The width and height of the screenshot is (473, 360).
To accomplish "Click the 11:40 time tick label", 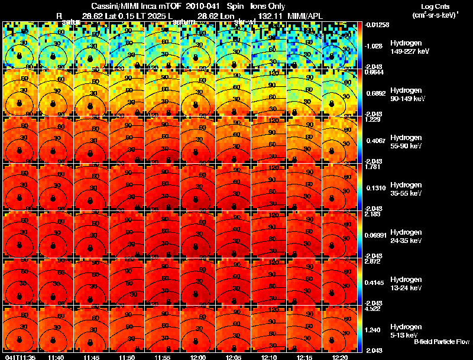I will tap(56, 357).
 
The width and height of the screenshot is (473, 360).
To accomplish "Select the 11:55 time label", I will tap(163, 357).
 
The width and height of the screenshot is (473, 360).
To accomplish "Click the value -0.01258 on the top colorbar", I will tap(376, 25).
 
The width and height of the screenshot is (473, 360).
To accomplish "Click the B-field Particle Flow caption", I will tap(441, 342).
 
